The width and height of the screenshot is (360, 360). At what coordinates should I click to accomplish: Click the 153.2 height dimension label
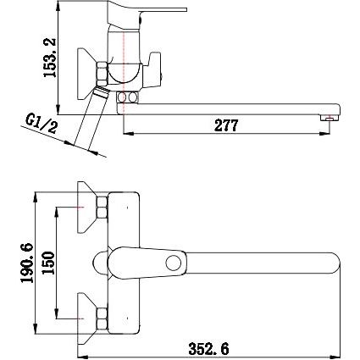coord(49,58)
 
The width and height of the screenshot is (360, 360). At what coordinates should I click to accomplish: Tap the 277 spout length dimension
coord(226,125)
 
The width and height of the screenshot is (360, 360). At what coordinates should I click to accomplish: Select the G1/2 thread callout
coord(42,124)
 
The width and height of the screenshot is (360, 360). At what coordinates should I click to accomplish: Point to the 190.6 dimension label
coord(27,263)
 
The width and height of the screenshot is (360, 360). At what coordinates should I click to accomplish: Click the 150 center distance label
coord(48,263)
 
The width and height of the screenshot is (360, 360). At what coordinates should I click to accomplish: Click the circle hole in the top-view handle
coord(174,263)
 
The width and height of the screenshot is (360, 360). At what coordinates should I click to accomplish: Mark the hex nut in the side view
coord(102,75)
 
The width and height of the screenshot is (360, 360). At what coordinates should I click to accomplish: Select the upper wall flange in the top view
coord(86,208)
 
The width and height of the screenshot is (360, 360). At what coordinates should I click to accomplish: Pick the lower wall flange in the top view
coord(86,318)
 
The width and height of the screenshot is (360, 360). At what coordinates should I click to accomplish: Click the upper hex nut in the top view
coord(102,208)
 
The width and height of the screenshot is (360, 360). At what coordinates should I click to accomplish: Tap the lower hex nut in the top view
coord(102,318)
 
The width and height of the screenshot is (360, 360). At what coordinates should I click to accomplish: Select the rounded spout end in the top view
coord(336,263)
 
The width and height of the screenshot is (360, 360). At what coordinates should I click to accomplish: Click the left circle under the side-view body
coord(122,97)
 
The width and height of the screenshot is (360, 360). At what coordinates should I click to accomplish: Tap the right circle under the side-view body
coord(132,97)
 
